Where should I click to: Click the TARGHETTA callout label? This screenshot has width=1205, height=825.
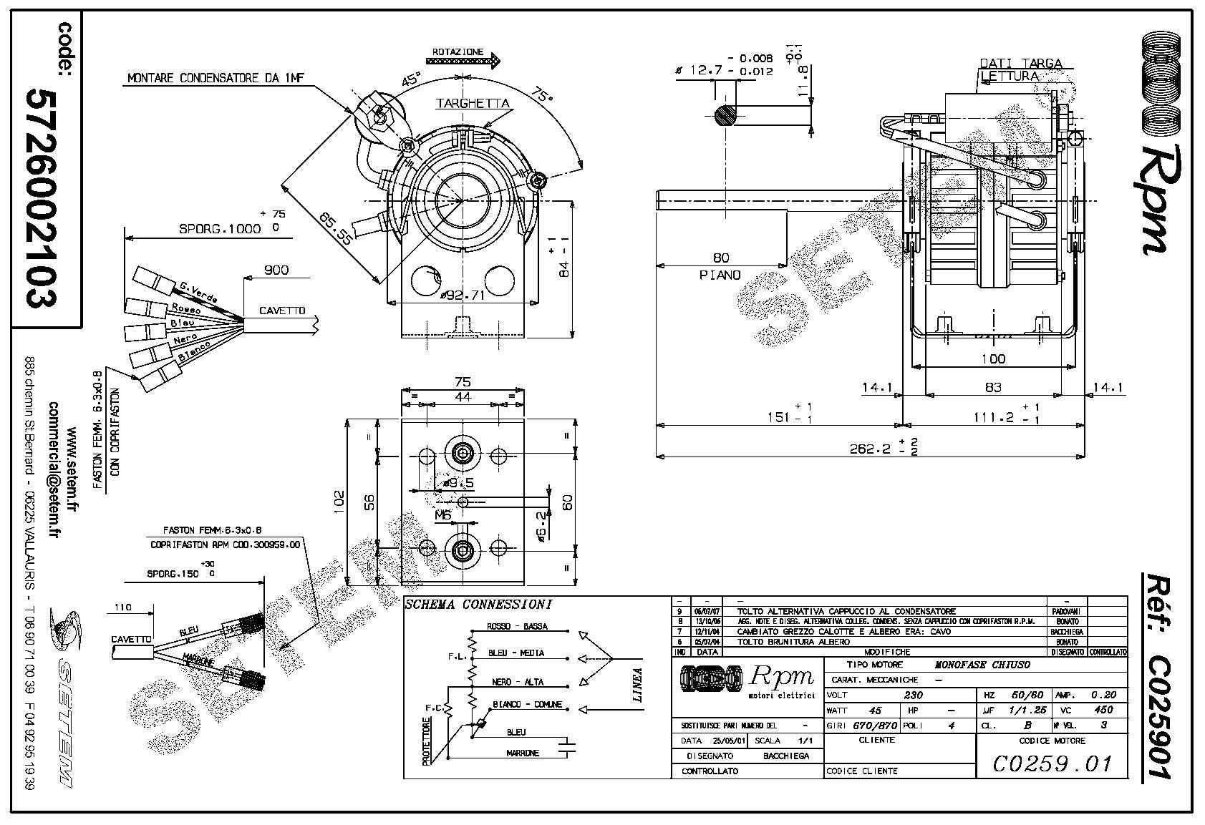coord(473,103)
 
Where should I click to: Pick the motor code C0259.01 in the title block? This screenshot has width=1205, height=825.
coord(1052,763)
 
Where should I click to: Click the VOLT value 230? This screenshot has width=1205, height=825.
coord(914,695)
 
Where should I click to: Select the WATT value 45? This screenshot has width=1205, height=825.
coord(875,711)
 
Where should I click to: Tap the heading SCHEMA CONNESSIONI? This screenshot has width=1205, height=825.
coord(478,605)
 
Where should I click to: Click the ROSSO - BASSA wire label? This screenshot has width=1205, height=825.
coord(517,627)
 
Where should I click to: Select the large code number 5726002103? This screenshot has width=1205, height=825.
coord(41,198)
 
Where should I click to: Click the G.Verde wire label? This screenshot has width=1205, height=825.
coord(198,292)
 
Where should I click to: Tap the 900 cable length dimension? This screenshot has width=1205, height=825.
coord(276,270)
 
